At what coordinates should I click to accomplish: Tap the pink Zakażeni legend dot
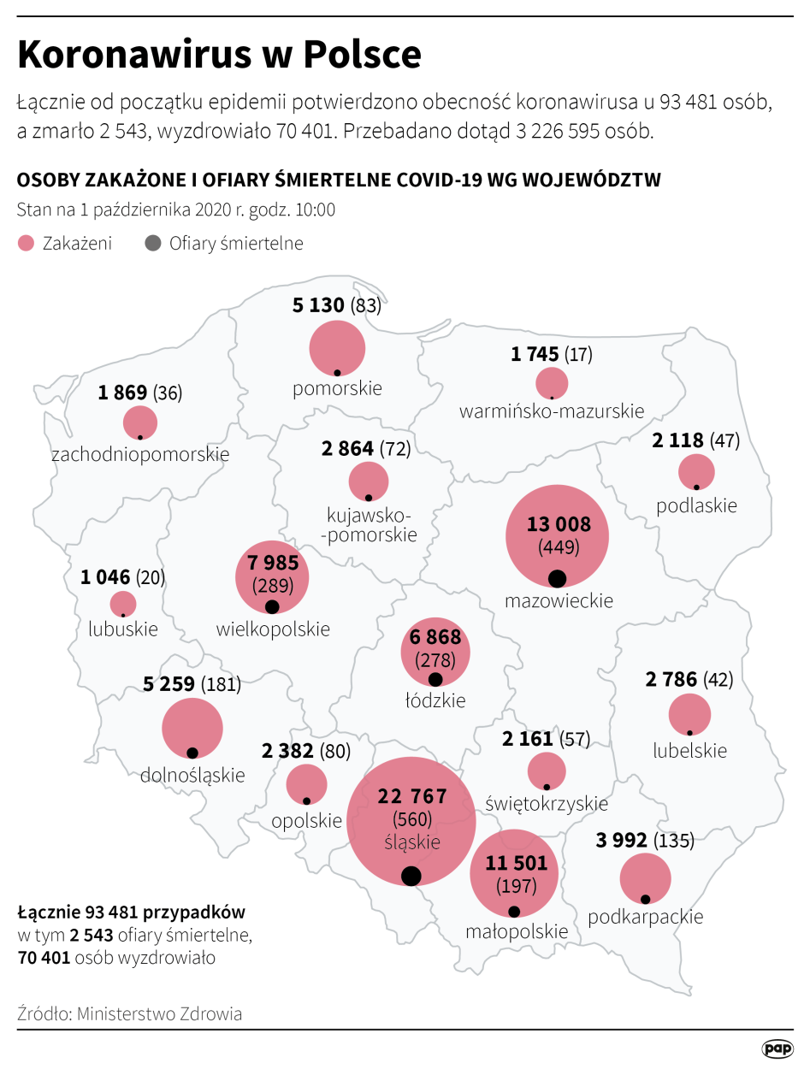tap(26, 244)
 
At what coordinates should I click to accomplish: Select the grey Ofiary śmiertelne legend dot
tap(153, 244)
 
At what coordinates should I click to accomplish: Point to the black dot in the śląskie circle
tap(411, 876)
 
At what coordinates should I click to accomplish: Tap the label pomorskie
tap(337, 388)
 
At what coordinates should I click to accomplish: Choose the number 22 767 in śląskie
tap(412, 797)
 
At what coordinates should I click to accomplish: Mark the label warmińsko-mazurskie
tap(552, 411)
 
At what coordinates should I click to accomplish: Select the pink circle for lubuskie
tap(123, 604)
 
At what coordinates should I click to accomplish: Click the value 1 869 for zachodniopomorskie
tap(123, 393)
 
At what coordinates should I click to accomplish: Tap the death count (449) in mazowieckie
tap(558, 547)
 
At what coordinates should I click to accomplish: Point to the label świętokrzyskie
tap(547, 804)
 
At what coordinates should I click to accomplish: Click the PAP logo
tap(777, 1048)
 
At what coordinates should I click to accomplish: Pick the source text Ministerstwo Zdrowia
tap(159, 1014)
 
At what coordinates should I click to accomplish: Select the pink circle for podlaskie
tap(696, 472)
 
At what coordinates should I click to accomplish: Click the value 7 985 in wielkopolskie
tap(272, 564)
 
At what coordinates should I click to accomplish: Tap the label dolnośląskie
tap(192, 776)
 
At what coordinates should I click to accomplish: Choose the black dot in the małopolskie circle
tap(513, 911)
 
